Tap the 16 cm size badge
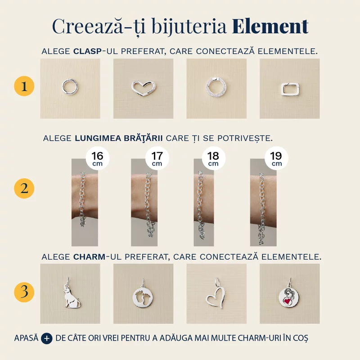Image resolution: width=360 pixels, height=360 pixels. click(x=97, y=158)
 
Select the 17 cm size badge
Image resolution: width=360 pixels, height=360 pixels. click(x=157, y=158)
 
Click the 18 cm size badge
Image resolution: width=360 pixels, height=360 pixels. click(x=213, y=158)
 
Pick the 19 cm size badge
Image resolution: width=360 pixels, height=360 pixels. click(x=276, y=158)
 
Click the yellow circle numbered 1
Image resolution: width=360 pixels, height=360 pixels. click(x=24, y=87)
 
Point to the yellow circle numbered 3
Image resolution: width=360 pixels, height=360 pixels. click(x=24, y=292)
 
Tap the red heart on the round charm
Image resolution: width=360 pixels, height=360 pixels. click(x=286, y=300)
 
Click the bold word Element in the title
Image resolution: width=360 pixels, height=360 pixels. click(x=270, y=27)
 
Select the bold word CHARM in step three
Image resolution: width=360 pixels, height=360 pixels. click(x=89, y=257)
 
